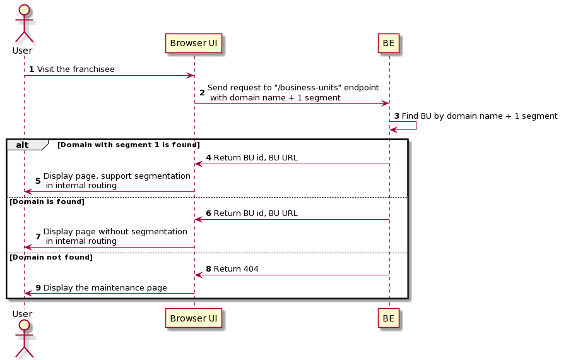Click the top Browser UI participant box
coord(194,44)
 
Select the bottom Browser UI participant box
coord(194,319)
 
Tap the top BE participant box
coord(389,44)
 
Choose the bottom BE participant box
coord(389,319)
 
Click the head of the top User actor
coord(24,11)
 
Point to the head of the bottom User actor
coord(24,325)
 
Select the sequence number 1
coord(32,69)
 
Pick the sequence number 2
coord(202,93)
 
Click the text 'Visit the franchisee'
coord(76,69)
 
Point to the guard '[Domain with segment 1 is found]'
coord(129,145)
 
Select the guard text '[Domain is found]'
coord(46,201)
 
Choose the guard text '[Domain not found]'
coord(50,257)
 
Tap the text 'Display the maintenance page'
coord(105,288)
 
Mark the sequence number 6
coord(208,213)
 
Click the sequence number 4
coord(208,158)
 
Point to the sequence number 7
coord(38,236)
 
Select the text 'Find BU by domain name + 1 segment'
coord(479,116)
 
